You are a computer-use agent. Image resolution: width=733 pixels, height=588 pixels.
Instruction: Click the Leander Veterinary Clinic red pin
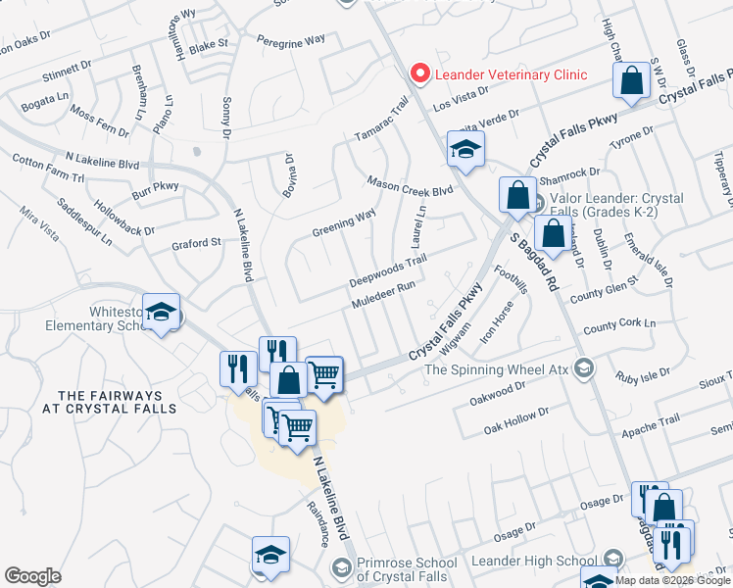[x=420, y=73]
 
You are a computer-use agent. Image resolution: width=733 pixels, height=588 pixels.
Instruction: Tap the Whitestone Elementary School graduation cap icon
[x=161, y=314]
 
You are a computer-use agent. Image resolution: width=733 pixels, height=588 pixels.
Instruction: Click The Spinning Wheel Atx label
[x=496, y=369]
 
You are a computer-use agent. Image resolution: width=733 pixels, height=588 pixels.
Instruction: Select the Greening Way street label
[x=344, y=223]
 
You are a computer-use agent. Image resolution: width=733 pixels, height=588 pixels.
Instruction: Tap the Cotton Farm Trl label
[x=49, y=167]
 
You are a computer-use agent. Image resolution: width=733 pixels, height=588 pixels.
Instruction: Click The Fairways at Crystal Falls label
[x=110, y=402]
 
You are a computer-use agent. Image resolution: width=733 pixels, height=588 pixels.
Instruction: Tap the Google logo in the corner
[x=32, y=576]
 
